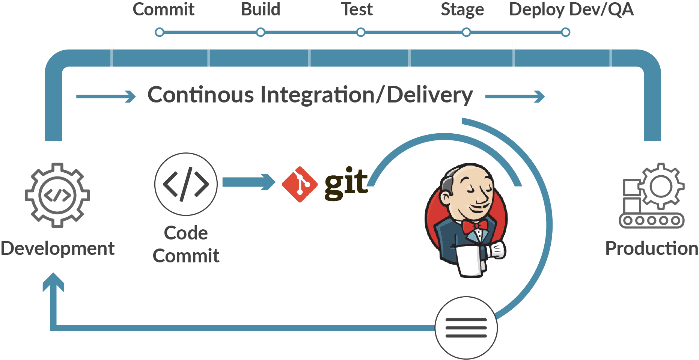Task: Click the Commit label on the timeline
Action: coord(164,9)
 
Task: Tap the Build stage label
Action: coord(261,9)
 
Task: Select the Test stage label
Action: coord(357,9)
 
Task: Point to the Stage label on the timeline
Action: coord(462,10)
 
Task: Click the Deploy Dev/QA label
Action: coord(571,10)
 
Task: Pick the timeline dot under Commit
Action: coord(160,32)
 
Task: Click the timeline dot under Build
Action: coord(261,32)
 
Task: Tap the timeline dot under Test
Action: coord(361,32)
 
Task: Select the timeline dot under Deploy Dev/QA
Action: coord(565,32)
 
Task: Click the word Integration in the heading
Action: coord(317,95)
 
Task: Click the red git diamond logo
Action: coord(300,184)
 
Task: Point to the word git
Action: coord(346,183)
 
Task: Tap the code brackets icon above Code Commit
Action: coord(186,184)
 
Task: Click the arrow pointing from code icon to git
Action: coord(249,182)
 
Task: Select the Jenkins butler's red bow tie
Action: coord(475,226)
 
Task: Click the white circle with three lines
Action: coord(466,328)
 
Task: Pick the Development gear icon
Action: coord(57,195)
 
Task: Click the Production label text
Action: coord(652,249)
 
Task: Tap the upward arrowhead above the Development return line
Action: coord(53,282)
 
